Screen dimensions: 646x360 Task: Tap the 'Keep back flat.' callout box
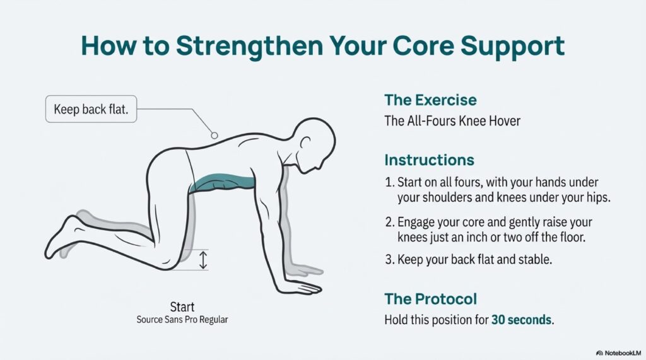pos(91,109)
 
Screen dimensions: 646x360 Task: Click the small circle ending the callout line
pos(214,135)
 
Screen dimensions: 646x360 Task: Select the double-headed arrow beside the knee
pos(203,260)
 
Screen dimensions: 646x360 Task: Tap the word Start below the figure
pos(182,307)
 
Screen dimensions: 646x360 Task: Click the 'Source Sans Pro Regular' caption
pos(182,320)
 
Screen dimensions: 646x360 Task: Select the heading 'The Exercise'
pos(430,100)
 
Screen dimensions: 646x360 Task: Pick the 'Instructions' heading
pos(429,160)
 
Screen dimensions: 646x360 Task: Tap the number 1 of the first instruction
pos(389,182)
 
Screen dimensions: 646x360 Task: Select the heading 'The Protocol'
pos(430,299)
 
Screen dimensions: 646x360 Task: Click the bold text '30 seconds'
pos(521,320)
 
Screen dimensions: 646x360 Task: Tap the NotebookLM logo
pos(618,353)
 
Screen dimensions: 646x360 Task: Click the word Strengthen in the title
pos(249,47)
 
